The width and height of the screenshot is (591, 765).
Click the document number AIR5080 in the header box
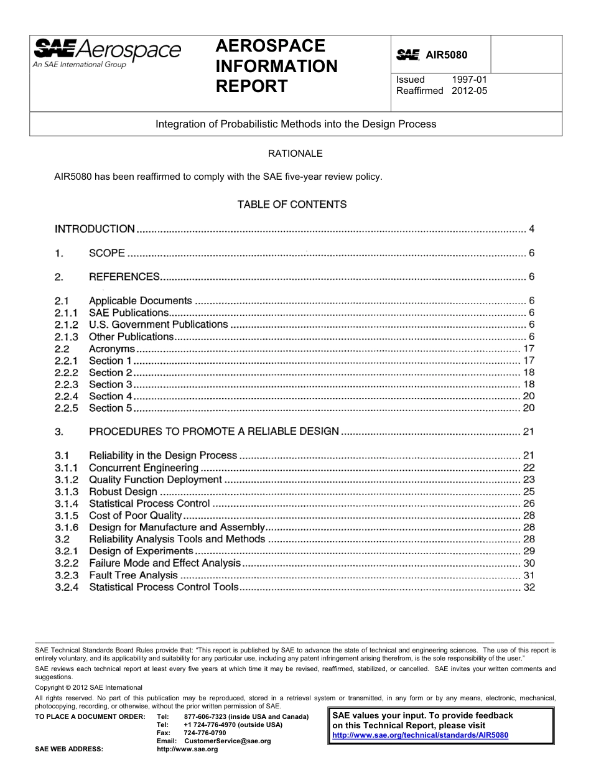(x=446, y=55)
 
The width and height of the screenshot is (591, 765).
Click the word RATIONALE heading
(x=295, y=153)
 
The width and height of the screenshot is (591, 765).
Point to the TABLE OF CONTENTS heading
(x=292, y=204)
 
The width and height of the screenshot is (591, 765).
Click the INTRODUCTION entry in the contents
(x=95, y=229)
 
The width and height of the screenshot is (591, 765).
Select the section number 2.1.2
(x=67, y=325)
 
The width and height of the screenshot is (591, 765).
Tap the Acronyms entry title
(x=111, y=349)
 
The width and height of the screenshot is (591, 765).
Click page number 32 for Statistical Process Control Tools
(x=529, y=587)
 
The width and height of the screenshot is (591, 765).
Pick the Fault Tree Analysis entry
(x=133, y=575)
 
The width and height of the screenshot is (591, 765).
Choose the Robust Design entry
(x=123, y=492)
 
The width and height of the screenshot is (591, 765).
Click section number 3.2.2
(x=67, y=563)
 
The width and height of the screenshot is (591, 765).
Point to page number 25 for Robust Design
(x=529, y=492)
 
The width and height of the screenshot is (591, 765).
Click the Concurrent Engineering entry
(x=144, y=468)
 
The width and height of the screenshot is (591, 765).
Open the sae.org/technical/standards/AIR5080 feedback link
(x=421, y=735)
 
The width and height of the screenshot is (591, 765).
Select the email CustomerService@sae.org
(x=228, y=741)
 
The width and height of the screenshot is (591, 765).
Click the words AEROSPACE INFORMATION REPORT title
(x=276, y=66)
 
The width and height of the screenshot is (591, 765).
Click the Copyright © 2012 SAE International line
(x=88, y=687)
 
